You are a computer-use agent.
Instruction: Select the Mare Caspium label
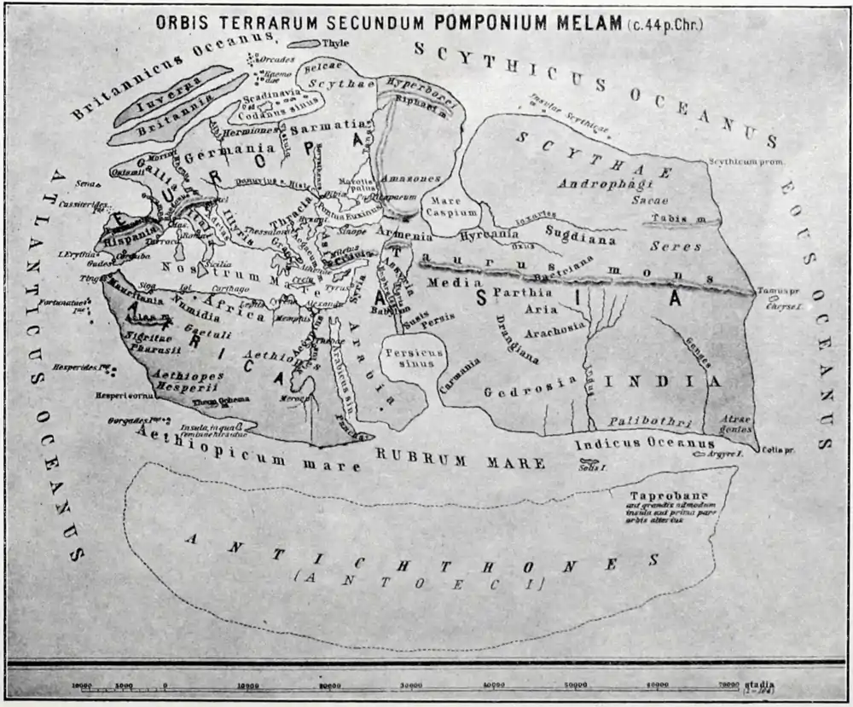coord(444,206)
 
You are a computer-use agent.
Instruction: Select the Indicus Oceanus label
coord(644,444)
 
